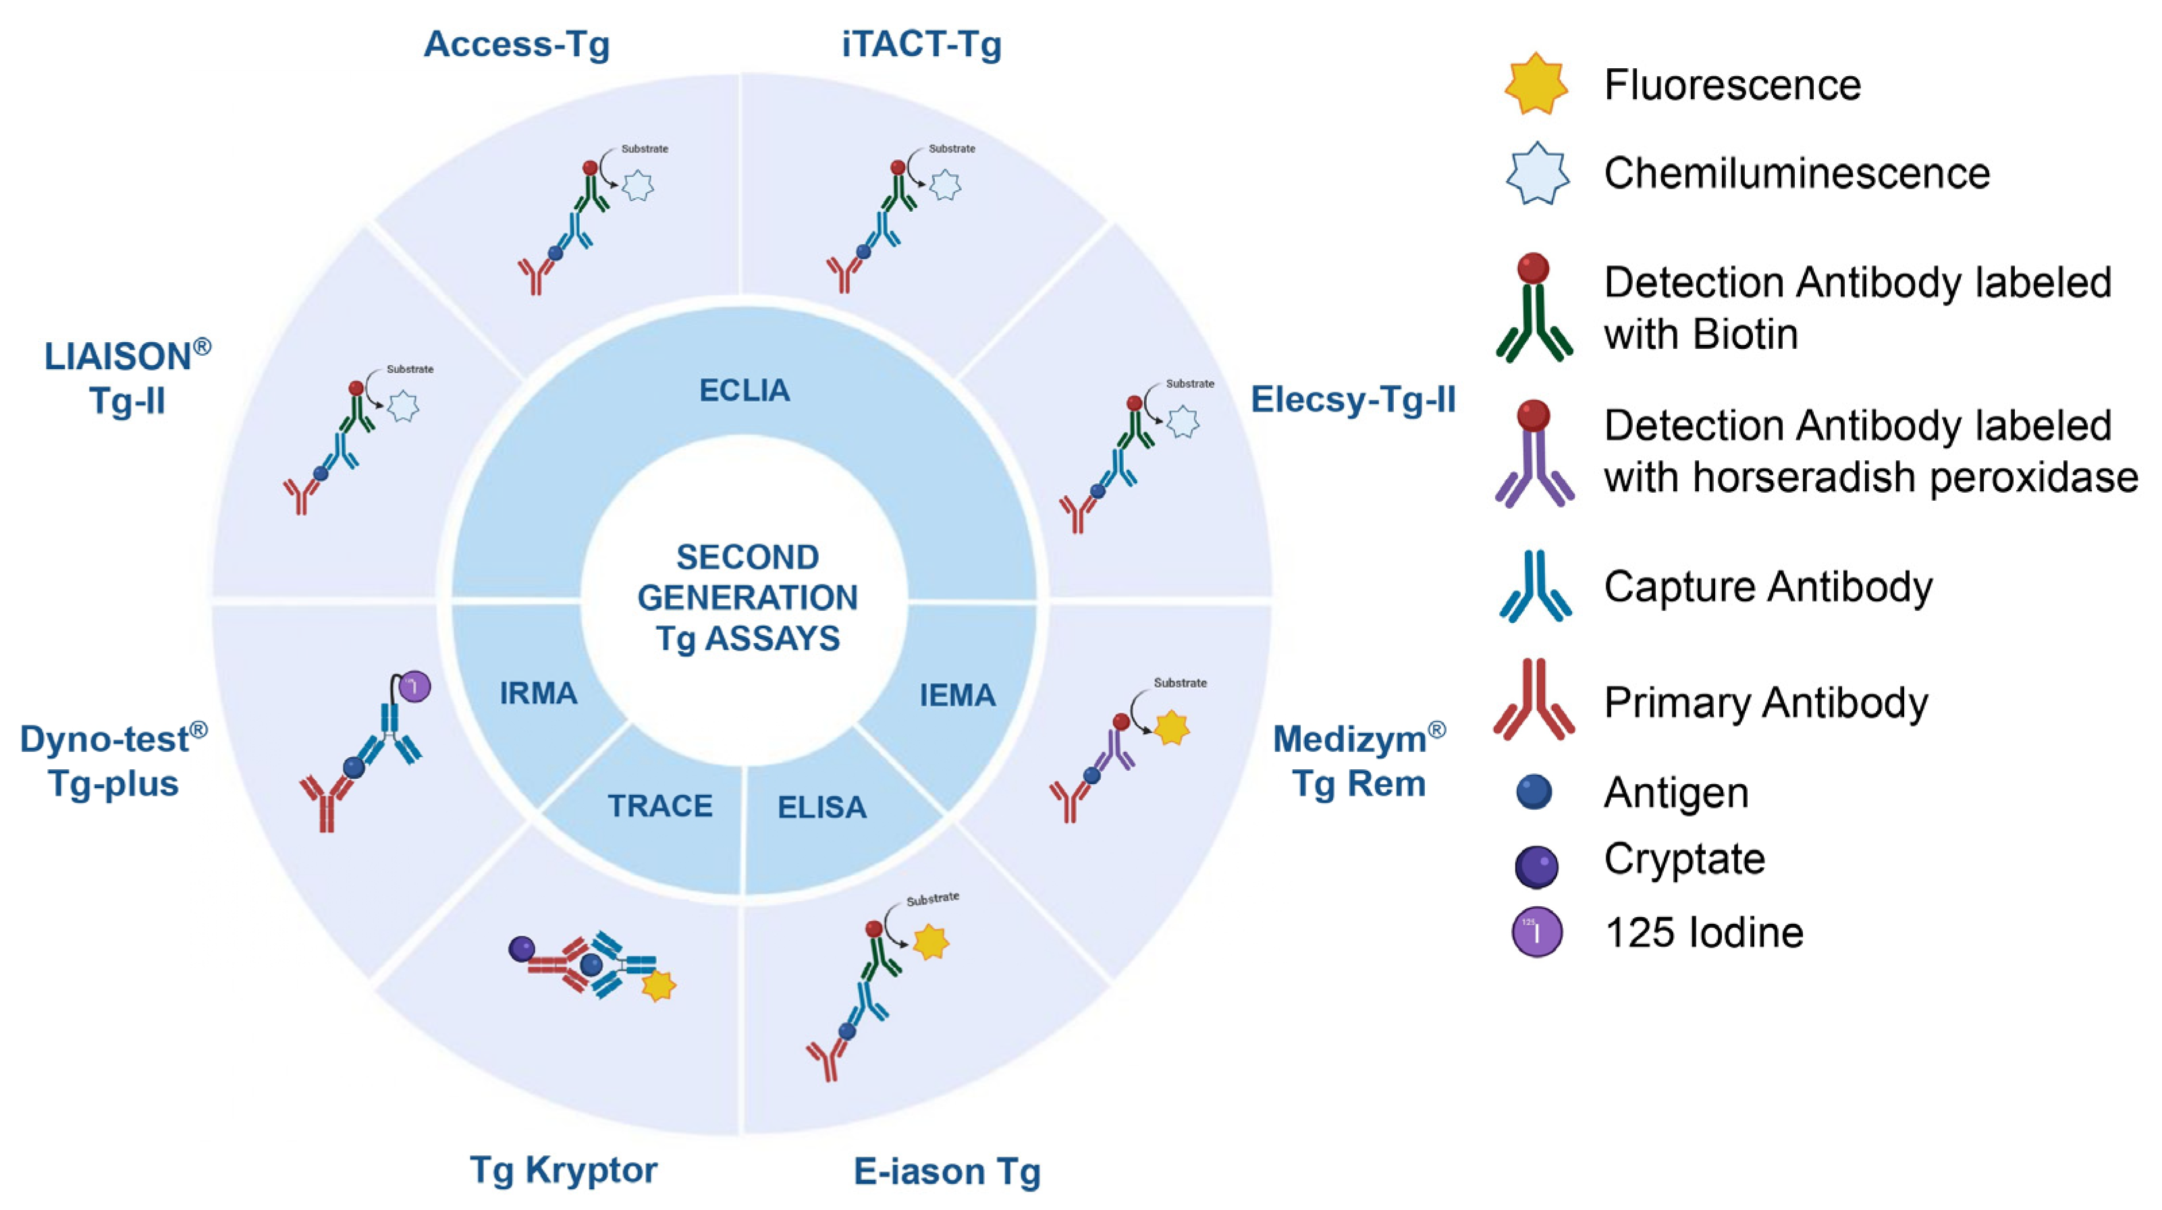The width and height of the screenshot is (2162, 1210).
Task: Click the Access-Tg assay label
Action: [x=516, y=45]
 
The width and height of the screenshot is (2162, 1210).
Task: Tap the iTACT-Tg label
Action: [x=921, y=45]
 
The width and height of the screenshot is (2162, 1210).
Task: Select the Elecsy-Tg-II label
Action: [x=1353, y=400]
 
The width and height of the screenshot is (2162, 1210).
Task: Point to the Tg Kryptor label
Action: [x=563, y=1169]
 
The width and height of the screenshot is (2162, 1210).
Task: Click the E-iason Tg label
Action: [x=947, y=1171]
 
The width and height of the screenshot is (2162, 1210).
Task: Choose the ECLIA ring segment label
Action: [x=745, y=390]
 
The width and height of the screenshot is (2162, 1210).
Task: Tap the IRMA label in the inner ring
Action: [x=538, y=693]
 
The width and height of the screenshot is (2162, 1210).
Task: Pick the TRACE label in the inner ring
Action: [x=659, y=806]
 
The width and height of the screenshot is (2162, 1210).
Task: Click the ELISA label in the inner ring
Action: [x=821, y=807]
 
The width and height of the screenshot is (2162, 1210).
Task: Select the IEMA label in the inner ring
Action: [x=956, y=695]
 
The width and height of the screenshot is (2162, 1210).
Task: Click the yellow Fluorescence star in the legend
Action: [x=1535, y=84]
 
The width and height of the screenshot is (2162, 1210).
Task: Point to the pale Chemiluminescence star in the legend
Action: [x=1536, y=173]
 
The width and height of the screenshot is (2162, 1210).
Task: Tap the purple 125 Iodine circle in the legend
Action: [x=1537, y=932]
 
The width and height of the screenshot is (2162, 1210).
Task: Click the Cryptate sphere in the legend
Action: [x=1536, y=866]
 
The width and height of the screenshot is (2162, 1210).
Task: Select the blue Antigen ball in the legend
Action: [x=1534, y=792]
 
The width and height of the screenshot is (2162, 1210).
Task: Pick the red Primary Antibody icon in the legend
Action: [x=1534, y=700]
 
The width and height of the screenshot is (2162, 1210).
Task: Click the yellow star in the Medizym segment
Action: [x=1172, y=728]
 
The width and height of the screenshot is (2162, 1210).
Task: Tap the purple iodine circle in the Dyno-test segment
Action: [x=414, y=686]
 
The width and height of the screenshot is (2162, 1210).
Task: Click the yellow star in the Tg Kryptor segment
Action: [x=658, y=986]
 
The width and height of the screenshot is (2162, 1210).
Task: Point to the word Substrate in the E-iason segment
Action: [x=932, y=899]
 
